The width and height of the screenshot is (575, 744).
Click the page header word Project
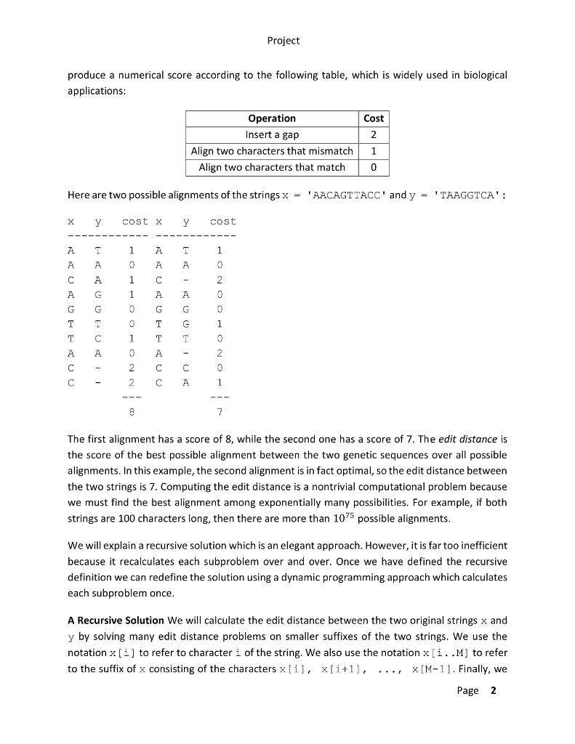pos(283,41)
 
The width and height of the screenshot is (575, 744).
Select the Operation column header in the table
pos(272,118)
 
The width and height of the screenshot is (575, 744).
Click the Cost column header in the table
pos(374,118)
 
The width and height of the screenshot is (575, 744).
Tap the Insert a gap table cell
pos(272,135)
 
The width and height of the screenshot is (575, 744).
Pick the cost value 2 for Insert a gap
pos(374,135)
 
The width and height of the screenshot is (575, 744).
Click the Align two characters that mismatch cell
pos(272,151)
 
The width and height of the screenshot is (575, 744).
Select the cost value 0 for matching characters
pos(374,167)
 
